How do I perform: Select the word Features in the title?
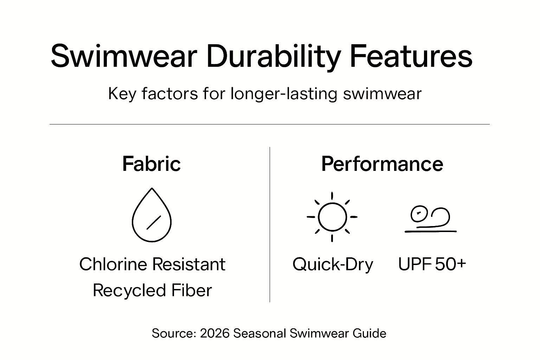pos(411,56)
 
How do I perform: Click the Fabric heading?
pos(152,164)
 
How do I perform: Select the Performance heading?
pos(382,164)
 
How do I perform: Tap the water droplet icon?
pos(152,215)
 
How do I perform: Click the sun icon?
pos(332,217)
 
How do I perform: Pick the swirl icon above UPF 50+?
pos(430,219)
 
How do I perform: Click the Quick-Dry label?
pos(333,264)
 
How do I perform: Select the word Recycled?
pos(129,290)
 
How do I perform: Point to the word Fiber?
pos(192,290)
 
